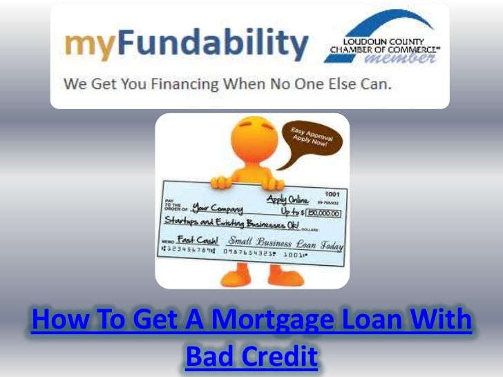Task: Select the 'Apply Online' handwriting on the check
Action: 289,200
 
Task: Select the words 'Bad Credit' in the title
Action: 251,357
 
